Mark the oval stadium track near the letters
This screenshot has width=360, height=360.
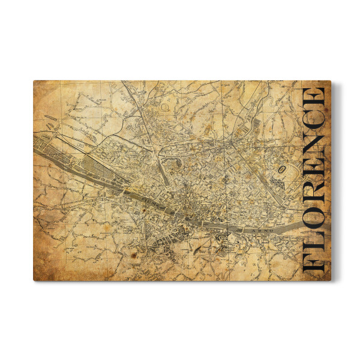point(280,170)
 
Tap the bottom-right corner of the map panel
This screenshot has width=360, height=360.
point(331,280)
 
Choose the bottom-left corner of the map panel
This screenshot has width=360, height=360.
point(34,280)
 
